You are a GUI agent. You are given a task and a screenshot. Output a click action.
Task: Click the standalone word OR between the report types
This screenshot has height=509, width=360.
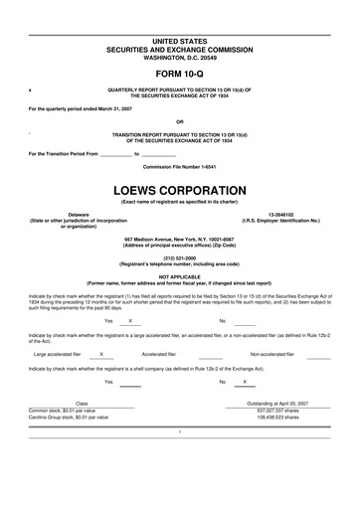point(179,120)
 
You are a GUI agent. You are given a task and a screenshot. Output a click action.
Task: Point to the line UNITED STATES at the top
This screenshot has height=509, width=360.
point(179,40)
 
